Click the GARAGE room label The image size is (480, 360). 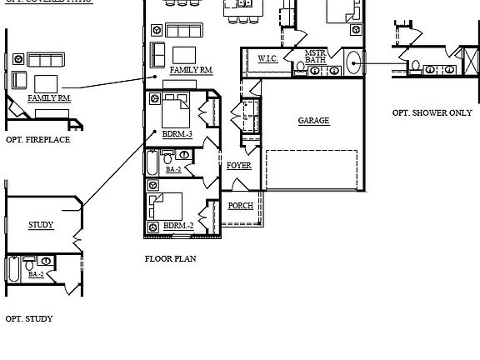313,121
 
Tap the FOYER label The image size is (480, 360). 238,166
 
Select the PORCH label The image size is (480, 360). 241,206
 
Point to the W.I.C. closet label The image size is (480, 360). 267,58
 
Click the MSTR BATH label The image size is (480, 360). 315,56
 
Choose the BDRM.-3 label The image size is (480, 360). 177,133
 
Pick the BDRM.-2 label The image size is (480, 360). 178,226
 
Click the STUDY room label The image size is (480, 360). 41,225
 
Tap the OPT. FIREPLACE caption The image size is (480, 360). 37,140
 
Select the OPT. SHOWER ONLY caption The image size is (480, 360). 432,112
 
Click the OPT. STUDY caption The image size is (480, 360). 29,318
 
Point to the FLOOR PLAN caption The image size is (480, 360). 171,259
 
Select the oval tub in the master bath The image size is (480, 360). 353,62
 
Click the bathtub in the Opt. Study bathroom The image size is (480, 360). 14,269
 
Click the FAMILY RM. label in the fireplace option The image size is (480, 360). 49,98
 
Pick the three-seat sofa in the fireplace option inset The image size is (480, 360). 46,60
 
